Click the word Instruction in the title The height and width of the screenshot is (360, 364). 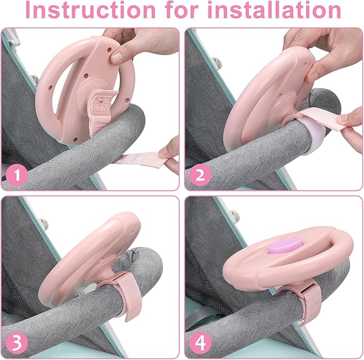tap(91, 10)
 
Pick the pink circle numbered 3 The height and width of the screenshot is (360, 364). tap(17, 343)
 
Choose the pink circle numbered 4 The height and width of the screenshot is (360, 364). tap(200, 343)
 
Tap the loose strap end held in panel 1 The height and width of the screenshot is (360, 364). tap(139, 159)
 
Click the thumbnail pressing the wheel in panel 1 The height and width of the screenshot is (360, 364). tap(118, 58)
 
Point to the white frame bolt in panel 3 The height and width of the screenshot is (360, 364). tap(43, 223)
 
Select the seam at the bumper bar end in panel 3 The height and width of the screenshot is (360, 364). tap(134, 253)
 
